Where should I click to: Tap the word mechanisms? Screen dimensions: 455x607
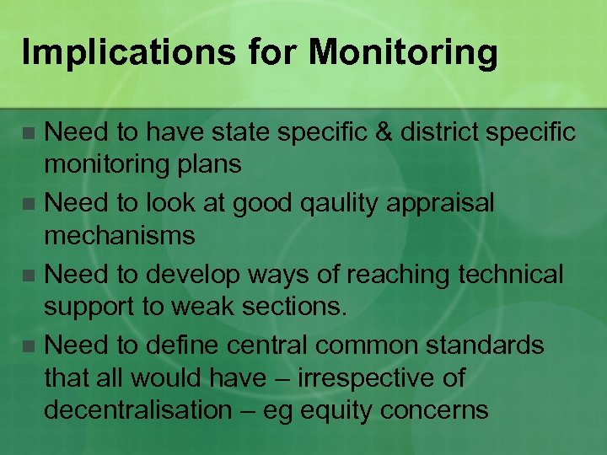click(119, 236)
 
